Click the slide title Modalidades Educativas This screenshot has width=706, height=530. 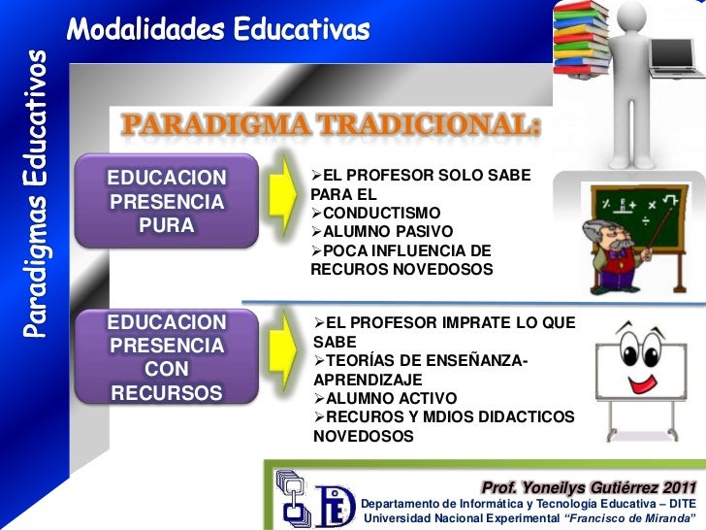pos(218,30)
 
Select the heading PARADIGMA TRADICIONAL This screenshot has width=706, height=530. pos(330,126)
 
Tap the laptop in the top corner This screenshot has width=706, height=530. pos(676,45)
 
